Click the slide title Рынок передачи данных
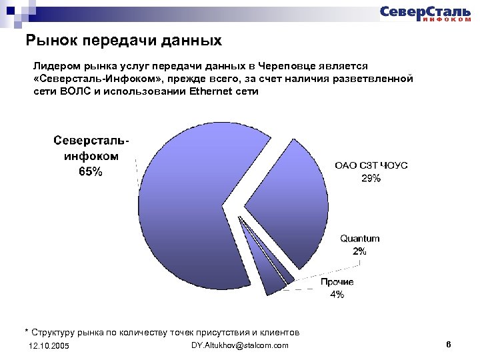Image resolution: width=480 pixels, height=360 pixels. (x=124, y=41)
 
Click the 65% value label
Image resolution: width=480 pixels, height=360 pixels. (x=91, y=171)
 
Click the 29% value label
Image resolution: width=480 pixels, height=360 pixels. (x=371, y=178)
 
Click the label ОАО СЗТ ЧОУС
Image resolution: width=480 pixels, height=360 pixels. (x=371, y=166)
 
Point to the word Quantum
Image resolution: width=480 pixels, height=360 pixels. (x=360, y=239)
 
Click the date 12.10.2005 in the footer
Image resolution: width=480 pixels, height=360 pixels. (x=49, y=346)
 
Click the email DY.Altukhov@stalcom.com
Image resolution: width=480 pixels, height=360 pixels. (x=240, y=345)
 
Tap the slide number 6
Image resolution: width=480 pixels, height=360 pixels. (x=449, y=344)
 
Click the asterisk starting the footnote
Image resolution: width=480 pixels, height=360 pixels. (x=27, y=331)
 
